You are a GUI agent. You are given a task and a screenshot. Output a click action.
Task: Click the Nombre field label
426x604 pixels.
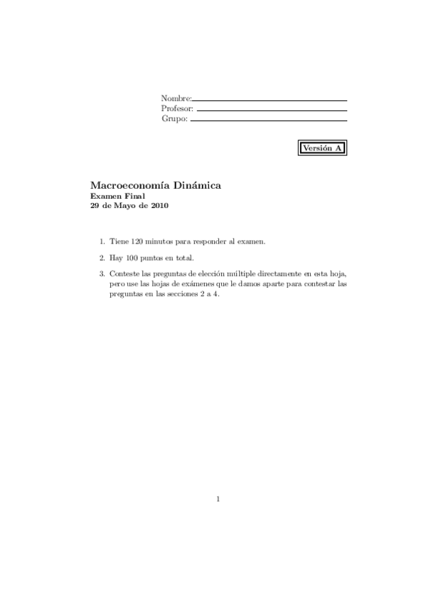click(x=176, y=98)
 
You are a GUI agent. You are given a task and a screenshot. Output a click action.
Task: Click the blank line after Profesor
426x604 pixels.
click(x=271, y=110)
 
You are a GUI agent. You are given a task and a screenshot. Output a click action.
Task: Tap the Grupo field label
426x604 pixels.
click(x=174, y=120)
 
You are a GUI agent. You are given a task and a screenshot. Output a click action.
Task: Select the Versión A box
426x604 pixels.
click(x=322, y=148)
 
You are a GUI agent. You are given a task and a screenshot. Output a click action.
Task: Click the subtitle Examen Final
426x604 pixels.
click(x=117, y=196)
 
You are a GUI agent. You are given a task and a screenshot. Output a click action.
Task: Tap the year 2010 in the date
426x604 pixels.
click(x=159, y=205)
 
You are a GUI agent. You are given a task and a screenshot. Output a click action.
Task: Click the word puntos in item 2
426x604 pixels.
click(x=151, y=258)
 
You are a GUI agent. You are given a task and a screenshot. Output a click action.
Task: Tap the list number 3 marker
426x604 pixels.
click(x=102, y=274)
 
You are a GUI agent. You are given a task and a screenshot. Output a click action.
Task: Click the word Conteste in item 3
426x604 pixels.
click(x=124, y=274)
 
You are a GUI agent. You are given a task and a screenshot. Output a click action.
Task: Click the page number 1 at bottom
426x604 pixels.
click(x=218, y=499)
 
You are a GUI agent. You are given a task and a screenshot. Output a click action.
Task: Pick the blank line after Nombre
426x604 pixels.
click(x=270, y=100)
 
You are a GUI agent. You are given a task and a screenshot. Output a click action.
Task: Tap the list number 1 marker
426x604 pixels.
click(x=102, y=241)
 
